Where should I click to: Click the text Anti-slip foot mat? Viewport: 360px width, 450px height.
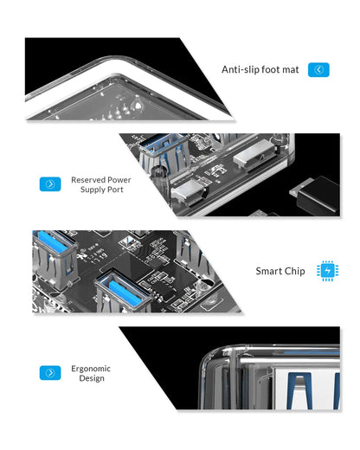[260, 69]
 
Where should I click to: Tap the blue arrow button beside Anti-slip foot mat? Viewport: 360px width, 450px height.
[318, 69]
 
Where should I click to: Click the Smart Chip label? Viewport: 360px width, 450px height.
[280, 271]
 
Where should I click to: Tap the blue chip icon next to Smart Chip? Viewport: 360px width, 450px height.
[328, 271]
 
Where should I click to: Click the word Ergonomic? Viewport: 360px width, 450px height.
[91, 368]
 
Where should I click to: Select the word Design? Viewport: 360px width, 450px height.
[91, 378]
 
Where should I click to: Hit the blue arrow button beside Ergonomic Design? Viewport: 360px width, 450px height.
[50, 373]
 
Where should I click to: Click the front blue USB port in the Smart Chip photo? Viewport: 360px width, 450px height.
[124, 290]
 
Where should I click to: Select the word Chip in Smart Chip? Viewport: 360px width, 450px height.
[293, 271]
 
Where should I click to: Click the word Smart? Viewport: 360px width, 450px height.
[267, 271]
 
